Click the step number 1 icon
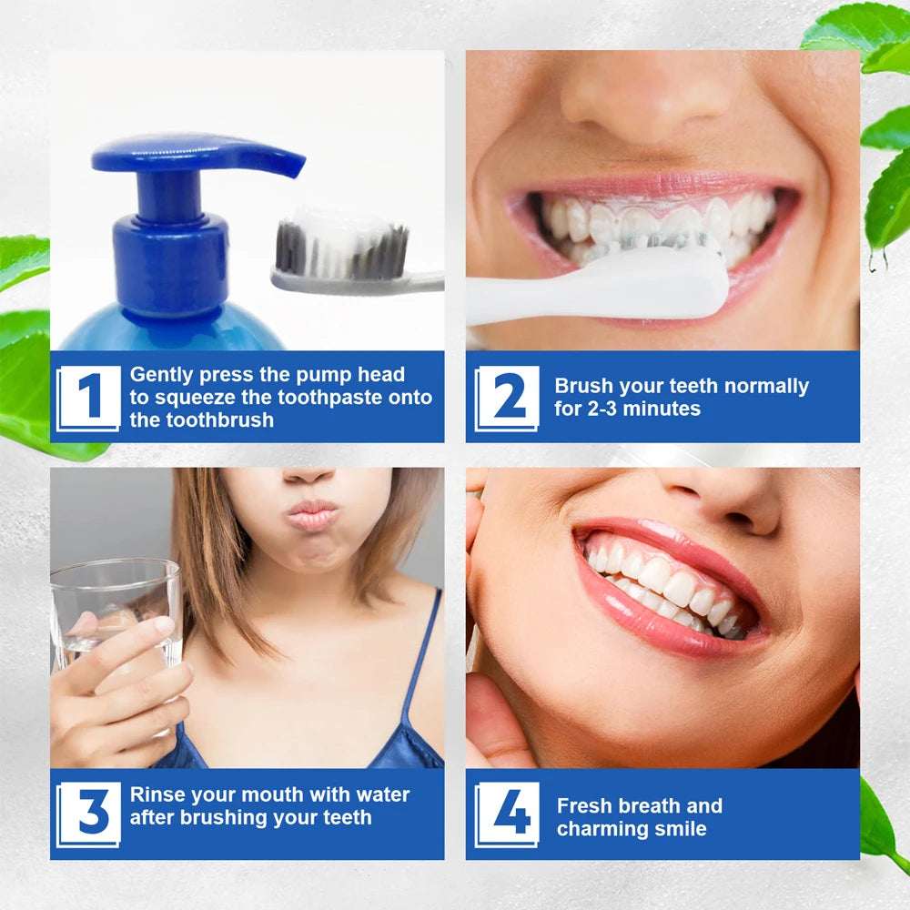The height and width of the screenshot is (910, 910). pos(88,398)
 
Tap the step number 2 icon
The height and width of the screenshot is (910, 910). pos(507,398)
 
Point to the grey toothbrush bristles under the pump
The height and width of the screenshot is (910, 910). pos(341,250)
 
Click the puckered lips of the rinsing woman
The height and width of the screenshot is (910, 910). pos(312,515)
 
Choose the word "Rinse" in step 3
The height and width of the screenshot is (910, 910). pos(157,794)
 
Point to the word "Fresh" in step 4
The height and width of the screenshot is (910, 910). pos(584,805)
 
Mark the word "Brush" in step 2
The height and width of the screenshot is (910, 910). pos(582,386)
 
